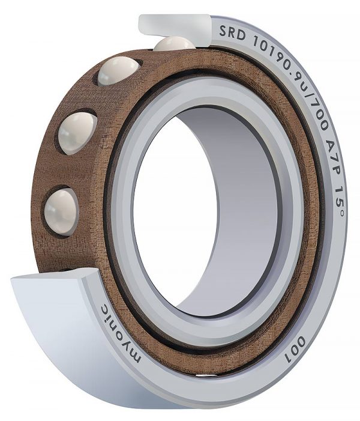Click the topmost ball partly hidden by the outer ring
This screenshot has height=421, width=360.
[175, 43]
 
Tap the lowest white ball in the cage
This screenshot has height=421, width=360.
[61, 210]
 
